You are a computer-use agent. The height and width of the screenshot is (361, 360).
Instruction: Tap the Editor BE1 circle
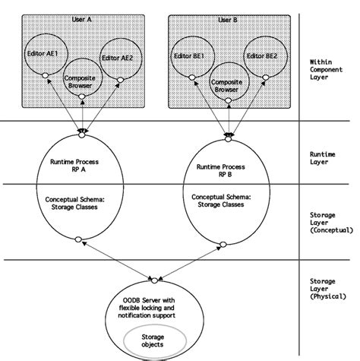tap(191, 55)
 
